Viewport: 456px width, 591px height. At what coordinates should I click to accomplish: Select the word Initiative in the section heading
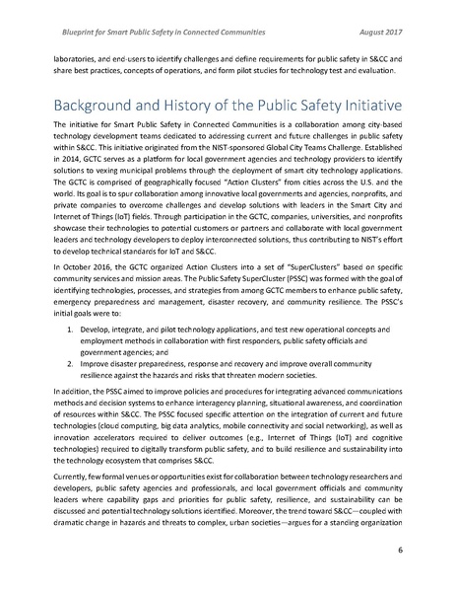click(x=365, y=106)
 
